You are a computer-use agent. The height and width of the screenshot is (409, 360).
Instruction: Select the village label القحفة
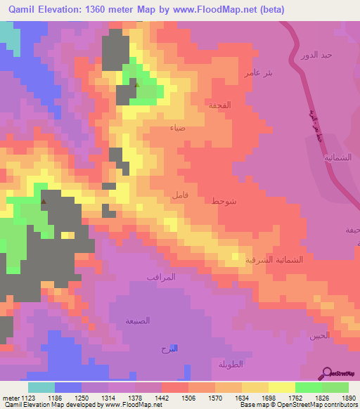pos(219,104)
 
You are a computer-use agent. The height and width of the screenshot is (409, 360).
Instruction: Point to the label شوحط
pos(225,200)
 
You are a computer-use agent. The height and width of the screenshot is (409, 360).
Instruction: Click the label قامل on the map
pos(179,195)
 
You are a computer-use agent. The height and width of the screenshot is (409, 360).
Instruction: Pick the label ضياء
pos(178,128)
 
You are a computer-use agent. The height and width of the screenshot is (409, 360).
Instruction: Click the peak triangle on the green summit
pos(137,86)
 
